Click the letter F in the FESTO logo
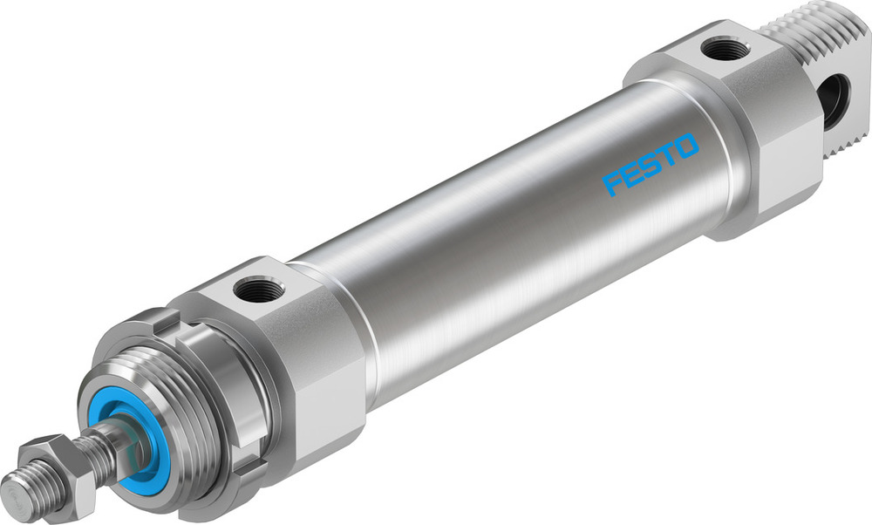tap(613, 183)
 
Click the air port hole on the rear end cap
tap(722, 49)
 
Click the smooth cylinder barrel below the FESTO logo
tap(523, 262)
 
